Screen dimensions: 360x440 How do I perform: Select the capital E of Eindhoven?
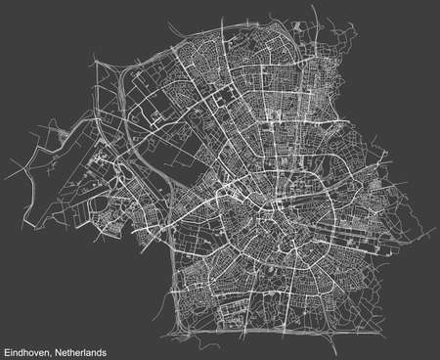coord(7,349)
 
